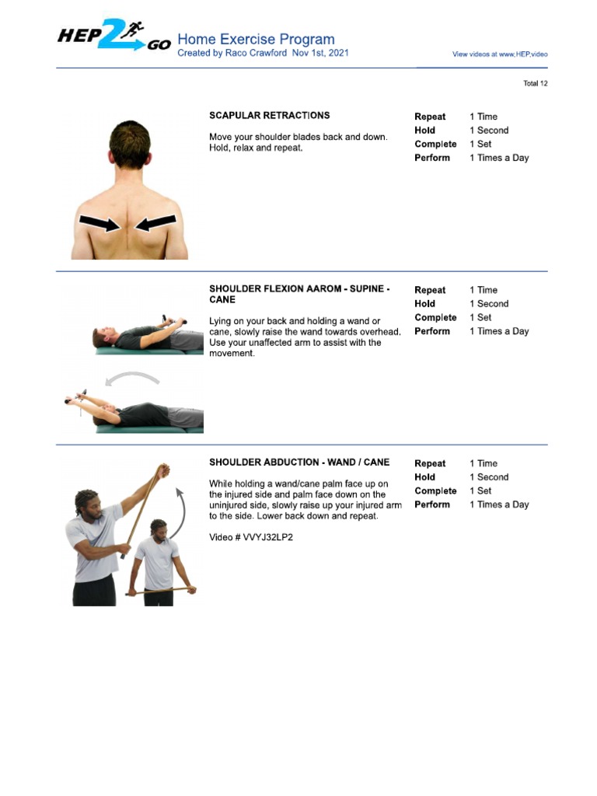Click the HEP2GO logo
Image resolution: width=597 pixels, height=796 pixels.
pyautogui.click(x=113, y=36)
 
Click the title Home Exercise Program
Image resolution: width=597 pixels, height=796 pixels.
pyautogui.click(x=256, y=39)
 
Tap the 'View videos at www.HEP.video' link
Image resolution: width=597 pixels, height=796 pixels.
pyautogui.click(x=500, y=54)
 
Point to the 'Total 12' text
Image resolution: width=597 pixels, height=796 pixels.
pyautogui.click(x=535, y=83)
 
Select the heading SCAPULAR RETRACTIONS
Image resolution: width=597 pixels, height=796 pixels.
pyautogui.click(x=269, y=115)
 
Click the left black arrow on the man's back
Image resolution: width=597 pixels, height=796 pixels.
pyautogui.click(x=99, y=224)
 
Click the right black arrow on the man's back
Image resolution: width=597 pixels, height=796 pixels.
pyautogui.click(x=155, y=224)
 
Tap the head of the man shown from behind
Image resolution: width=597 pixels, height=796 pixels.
pyautogui.click(x=129, y=145)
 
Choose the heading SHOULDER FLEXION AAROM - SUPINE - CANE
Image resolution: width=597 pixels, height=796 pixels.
pyautogui.click(x=298, y=294)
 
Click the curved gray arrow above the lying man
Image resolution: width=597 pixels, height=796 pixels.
pyautogui.click(x=133, y=378)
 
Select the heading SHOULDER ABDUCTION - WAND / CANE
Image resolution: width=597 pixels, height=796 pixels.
pyautogui.click(x=298, y=463)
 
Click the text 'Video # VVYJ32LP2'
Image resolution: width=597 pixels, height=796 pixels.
pyautogui.click(x=250, y=536)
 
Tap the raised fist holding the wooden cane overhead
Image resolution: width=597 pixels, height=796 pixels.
pyautogui.click(x=162, y=471)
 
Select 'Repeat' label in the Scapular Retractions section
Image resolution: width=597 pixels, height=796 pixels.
pyautogui.click(x=430, y=117)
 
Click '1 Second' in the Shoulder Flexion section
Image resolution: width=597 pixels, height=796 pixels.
pyautogui.click(x=488, y=304)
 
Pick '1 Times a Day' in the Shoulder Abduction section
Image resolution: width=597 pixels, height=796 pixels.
pyautogui.click(x=498, y=504)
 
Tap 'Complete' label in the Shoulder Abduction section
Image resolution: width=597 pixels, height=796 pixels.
pyautogui.click(x=435, y=491)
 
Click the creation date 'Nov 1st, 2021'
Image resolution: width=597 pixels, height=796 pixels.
pyautogui.click(x=320, y=53)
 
